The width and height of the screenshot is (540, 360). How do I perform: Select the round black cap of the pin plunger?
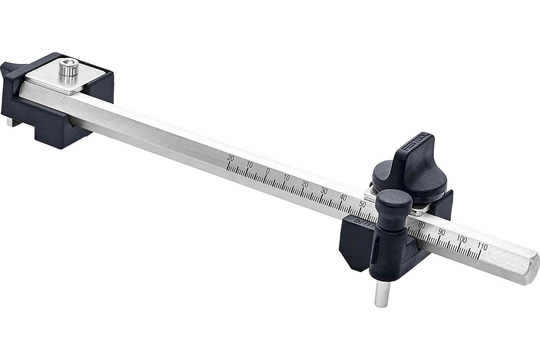tap(394, 202)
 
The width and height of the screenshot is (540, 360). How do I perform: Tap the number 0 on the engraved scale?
tap(268, 171)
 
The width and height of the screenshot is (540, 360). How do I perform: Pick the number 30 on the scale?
tap(324, 190)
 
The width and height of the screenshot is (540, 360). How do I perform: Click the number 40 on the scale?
tap(343, 197)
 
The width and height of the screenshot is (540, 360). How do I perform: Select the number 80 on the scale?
tap(422, 225)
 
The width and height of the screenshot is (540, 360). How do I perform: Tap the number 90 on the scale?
tap(441, 232)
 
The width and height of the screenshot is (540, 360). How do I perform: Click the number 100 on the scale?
tap(462, 238)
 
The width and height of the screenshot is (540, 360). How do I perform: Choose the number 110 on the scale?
tap(482, 246)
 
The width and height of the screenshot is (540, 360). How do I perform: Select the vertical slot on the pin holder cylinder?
tap(374, 252)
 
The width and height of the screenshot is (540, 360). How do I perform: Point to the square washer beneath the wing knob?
tap(370, 194)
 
